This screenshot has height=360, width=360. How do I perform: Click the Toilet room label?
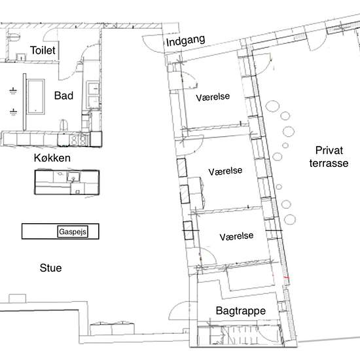[x=43, y=50]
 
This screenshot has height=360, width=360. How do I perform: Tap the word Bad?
[x=63, y=96]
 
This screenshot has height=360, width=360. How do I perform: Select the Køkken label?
[x=52, y=158]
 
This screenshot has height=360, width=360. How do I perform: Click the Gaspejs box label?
[x=73, y=232]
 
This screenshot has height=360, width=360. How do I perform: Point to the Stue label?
[x=51, y=268]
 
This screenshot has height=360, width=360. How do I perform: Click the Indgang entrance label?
[x=185, y=41]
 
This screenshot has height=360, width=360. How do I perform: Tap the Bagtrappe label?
[x=241, y=311]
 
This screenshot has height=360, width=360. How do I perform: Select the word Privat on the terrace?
[x=329, y=151]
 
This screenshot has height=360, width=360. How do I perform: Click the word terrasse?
[x=329, y=163]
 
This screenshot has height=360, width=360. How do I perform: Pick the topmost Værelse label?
[x=213, y=97]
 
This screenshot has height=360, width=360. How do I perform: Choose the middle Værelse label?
[x=225, y=171]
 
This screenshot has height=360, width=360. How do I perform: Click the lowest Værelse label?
[x=236, y=236]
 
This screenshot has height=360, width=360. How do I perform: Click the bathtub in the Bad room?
[x=36, y=96]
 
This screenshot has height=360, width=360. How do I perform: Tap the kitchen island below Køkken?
[x=67, y=183]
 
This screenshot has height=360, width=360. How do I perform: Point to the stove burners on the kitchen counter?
[x=79, y=139]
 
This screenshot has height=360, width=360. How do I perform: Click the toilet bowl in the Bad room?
[x=64, y=125]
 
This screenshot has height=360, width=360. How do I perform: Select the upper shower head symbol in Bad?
[x=13, y=91]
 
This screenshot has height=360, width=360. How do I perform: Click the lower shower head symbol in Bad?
[x=13, y=112]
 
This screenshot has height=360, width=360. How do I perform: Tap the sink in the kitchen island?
[x=73, y=177]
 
